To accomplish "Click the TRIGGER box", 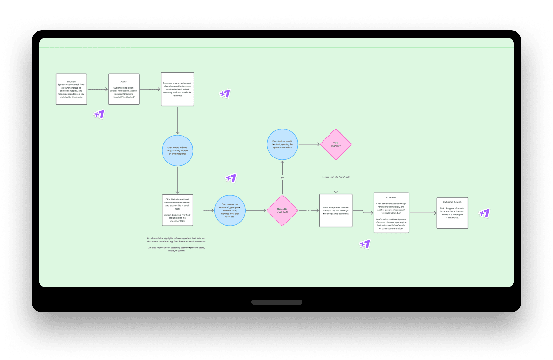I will (71, 89).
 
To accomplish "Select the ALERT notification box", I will (124, 89).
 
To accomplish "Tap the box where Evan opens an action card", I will (177, 89).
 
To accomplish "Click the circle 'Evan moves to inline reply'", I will (177, 150).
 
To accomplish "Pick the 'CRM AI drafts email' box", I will (177, 210).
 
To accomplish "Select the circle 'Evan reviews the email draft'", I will (230, 210).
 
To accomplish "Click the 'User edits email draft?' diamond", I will (282, 210).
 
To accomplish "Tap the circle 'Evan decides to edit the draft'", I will (282, 144).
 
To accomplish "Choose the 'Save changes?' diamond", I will (336, 144).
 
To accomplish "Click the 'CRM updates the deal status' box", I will (336, 210).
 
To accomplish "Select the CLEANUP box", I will (391, 213).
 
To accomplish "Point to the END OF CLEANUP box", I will (452, 213).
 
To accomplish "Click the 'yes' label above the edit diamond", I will (282, 177).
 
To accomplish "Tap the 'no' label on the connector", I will (309, 210).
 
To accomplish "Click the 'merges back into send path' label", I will (336, 177).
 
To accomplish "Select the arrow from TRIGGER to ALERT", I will (97, 89).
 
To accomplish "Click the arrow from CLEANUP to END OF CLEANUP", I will (423, 213).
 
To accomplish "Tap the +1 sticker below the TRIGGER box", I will (99, 114).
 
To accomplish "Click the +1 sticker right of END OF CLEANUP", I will (484, 213).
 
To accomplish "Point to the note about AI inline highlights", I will (176, 244).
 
